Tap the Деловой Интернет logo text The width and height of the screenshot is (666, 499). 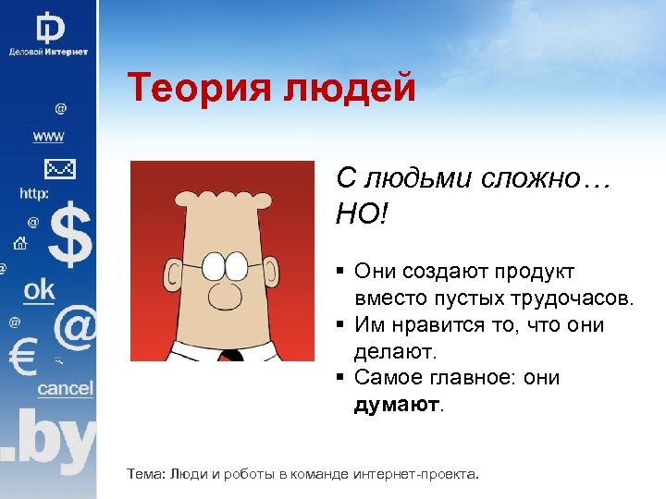tap(48, 52)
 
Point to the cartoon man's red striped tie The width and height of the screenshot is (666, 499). tap(231, 355)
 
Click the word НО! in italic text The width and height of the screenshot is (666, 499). tap(364, 214)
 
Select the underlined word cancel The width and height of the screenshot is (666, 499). tap(65, 388)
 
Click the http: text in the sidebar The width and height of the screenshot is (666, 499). tap(34, 194)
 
